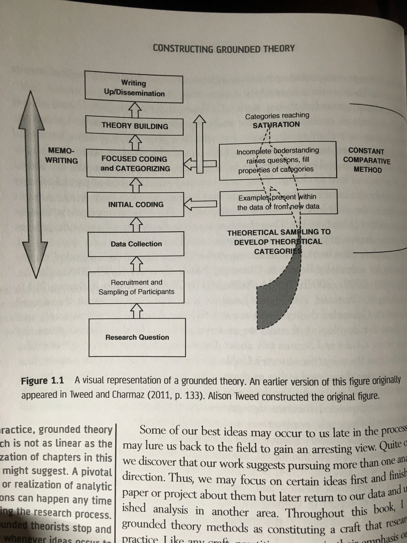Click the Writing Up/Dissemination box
[134, 87]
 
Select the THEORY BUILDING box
[135, 126]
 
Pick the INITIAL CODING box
[136, 204]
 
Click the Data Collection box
[136, 244]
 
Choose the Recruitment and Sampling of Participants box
[136, 287]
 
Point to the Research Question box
[137, 337]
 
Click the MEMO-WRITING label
[61, 155]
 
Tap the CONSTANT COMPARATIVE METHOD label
[367, 160]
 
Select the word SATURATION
[276, 125]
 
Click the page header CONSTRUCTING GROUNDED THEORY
[224, 48]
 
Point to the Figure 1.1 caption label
[43, 381]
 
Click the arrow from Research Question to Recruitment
[137, 311]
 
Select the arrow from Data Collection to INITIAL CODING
[136, 224]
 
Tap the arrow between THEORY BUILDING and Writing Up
[135, 110]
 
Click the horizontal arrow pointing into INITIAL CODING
[200, 204]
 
